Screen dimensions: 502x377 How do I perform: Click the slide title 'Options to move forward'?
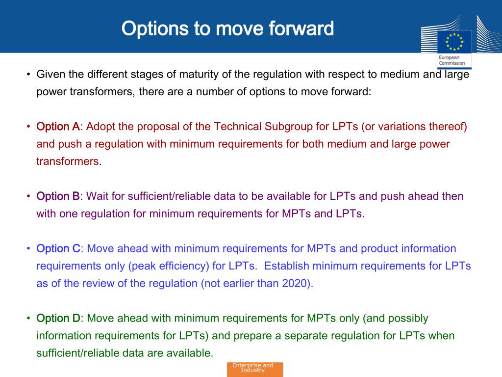pos(227,28)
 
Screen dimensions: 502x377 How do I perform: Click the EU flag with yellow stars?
pos(454,42)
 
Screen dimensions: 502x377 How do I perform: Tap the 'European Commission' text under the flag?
pos(452,60)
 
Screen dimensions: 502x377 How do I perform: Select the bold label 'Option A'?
pos(58,126)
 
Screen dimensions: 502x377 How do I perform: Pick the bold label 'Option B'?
pos(58,196)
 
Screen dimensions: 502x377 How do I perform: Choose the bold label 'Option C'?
pos(58,248)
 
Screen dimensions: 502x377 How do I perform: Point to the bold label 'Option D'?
pos(58,318)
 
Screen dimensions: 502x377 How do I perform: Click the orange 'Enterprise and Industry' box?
pos(255,369)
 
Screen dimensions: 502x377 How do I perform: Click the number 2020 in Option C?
pos(295,283)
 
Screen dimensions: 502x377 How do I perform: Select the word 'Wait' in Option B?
pos(98,196)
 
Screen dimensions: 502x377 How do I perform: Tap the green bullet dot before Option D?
pos(28,318)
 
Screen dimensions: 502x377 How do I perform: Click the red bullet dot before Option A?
pos(28,127)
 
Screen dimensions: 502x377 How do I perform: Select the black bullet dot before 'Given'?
pos(28,75)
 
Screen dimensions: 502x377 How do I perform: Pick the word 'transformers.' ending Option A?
pos(69,161)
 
